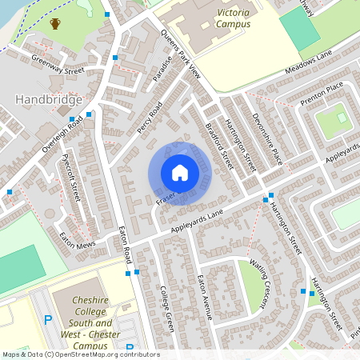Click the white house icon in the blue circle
pyautogui.click(x=180, y=173)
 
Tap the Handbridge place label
pyautogui.click(x=49, y=100)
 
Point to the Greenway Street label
pyautogui.click(x=58, y=63)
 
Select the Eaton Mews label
pyautogui.click(x=78, y=238)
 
